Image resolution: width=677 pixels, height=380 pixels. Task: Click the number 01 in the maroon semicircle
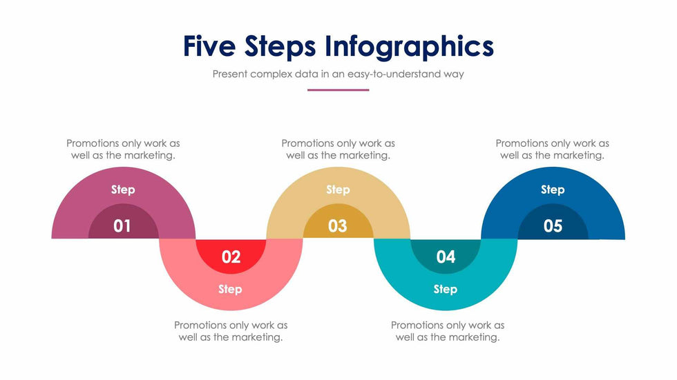click(122, 226)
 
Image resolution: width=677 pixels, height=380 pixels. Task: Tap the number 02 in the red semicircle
click(231, 257)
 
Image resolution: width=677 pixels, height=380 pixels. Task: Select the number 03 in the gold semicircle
click(337, 226)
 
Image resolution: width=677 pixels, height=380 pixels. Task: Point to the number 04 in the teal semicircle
click(446, 257)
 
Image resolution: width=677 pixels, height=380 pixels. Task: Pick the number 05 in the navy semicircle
click(553, 226)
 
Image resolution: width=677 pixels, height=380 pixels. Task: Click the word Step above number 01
click(123, 190)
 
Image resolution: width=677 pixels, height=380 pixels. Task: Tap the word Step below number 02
click(230, 289)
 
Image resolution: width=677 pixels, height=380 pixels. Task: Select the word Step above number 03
click(338, 190)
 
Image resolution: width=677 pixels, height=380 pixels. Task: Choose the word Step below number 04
click(445, 289)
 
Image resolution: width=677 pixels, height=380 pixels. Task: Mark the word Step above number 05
click(553, 190)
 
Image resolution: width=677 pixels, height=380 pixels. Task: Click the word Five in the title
click(209, 46)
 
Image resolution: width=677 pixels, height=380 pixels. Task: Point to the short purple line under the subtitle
click(338, 90)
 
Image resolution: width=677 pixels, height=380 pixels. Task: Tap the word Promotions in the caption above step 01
click(93, 143)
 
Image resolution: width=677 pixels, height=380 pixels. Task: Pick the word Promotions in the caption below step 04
click(417, 325)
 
